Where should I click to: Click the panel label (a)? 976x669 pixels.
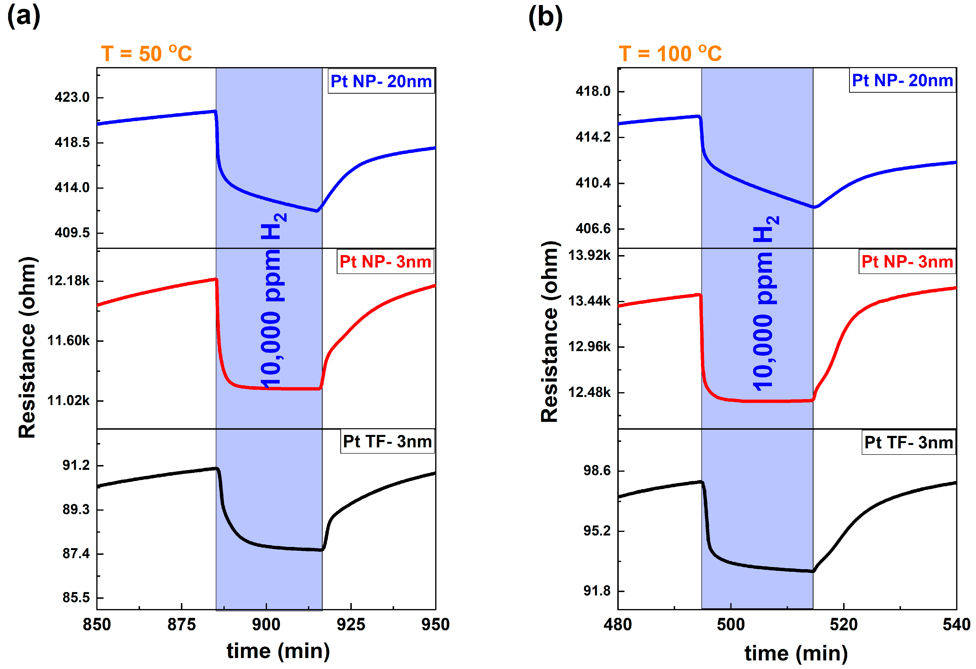point(24,17)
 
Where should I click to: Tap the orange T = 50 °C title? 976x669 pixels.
point(146,54)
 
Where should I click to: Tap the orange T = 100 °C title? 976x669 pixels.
point(670,54)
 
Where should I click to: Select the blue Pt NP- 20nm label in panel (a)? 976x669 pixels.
point(381,81)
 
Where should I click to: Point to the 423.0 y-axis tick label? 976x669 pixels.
point(72,97)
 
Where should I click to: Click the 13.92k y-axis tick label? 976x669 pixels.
point(589,255)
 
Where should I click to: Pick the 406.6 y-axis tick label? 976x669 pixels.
point(593,229)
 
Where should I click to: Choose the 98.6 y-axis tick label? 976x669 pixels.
point(597,471)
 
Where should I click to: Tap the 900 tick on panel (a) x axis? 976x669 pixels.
point(266,625)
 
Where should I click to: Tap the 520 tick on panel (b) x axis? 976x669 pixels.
point(843,625)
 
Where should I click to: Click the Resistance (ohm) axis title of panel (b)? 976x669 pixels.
point(550,332)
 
